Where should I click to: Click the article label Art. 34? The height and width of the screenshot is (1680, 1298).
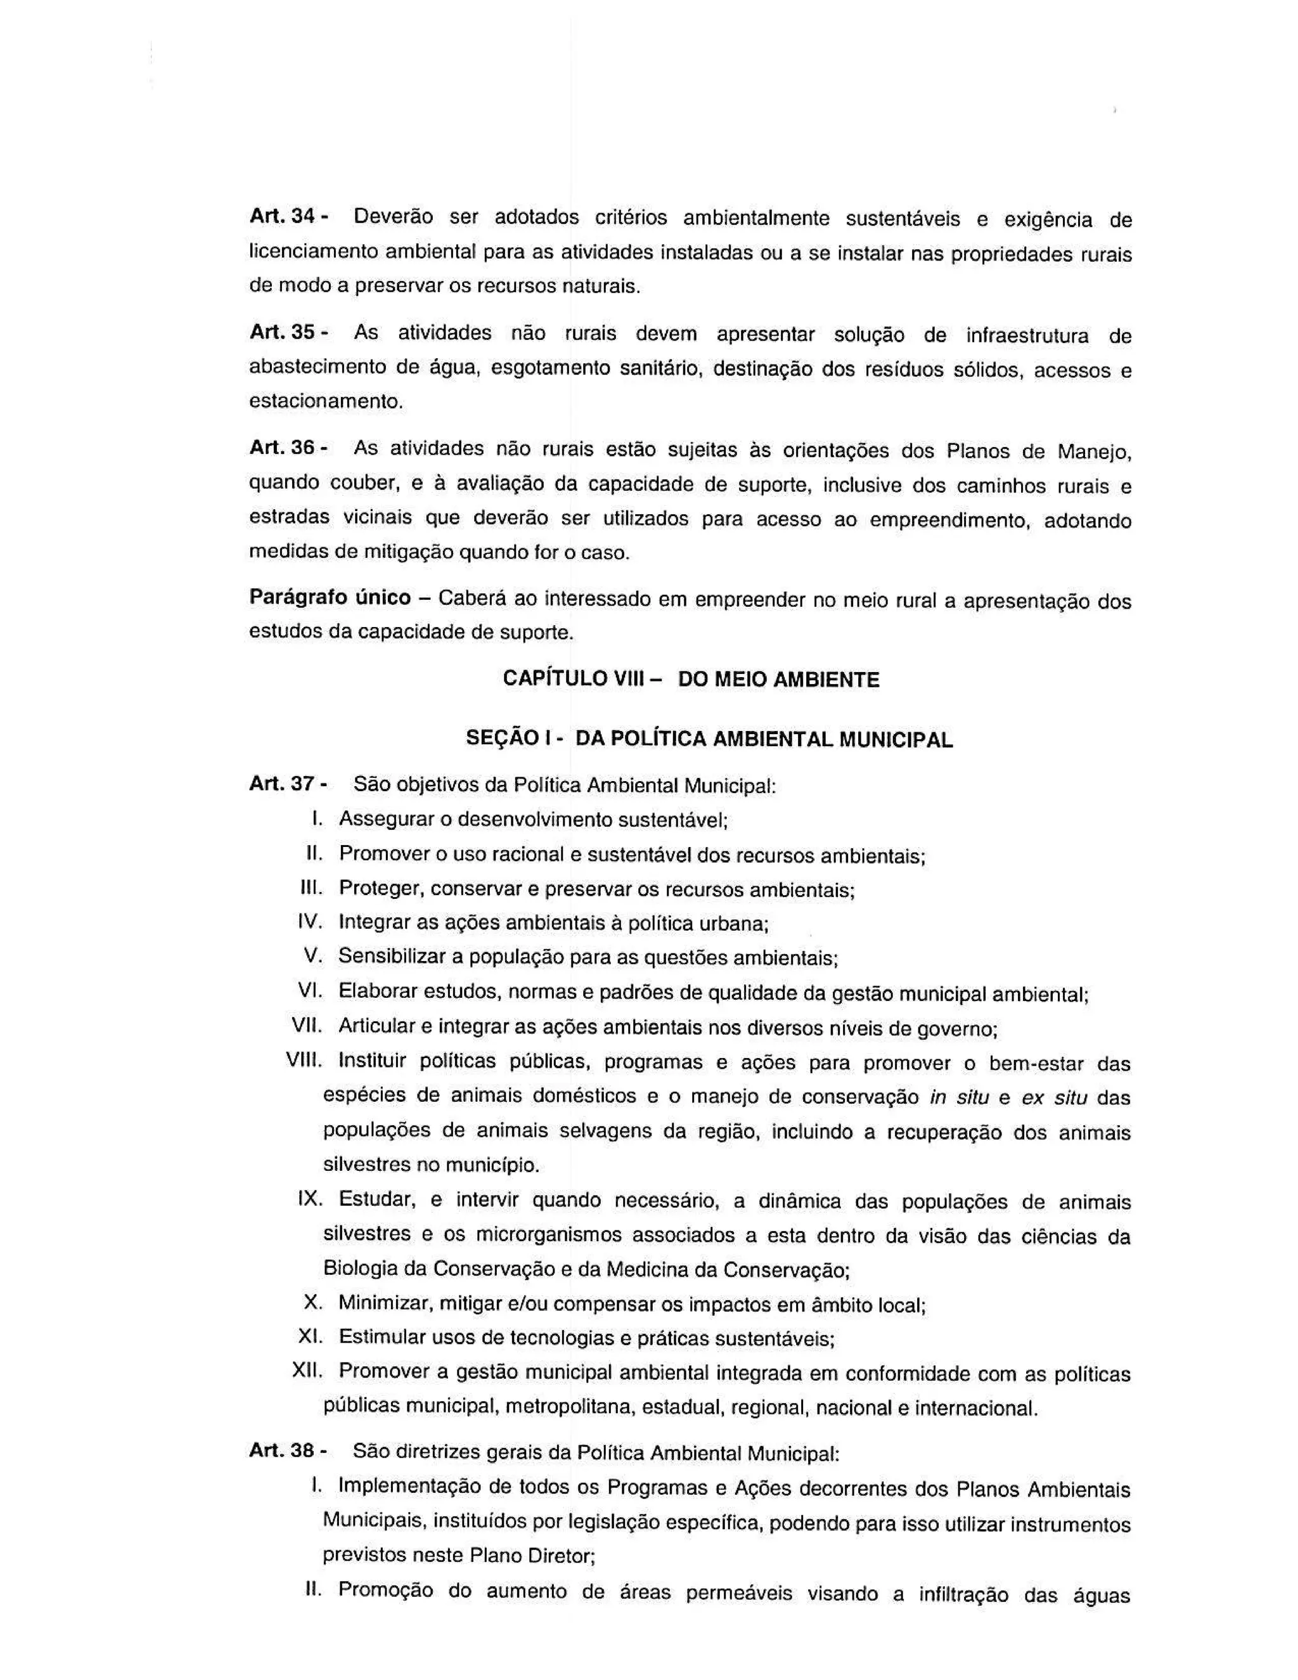click(x=281, y=216)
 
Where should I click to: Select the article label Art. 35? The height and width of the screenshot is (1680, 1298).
click(x=281, y=332)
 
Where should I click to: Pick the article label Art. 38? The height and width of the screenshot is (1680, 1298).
click(x=281, y=1451)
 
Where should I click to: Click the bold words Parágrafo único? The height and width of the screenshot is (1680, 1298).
click(x=330, y=598)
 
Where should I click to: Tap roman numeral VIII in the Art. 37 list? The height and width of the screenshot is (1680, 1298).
click(x=304, y=1060)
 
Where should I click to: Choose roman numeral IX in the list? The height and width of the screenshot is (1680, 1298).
click(x=309, y=1199)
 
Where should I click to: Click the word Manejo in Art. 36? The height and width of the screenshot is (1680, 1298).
click(x=1093, y=451)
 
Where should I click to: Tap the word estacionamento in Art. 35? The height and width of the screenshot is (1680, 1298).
click(x=325, y=401)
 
